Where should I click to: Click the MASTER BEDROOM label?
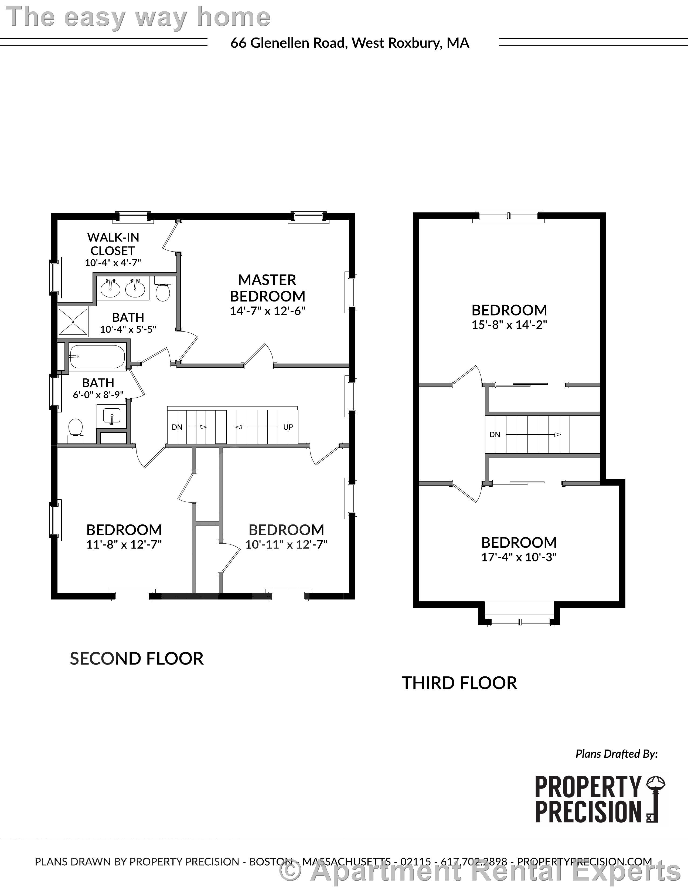tap(268, 288)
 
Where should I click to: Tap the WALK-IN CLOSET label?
tap(113, 244)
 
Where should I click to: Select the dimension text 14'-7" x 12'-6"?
tap(268, 311)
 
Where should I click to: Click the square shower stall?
tap(73, 322)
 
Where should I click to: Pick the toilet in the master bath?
tap(163, 289)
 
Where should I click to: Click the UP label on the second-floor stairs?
tap(288, 427)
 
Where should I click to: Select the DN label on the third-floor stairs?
tap(495, 435)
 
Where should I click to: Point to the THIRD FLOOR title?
tap(459, 683)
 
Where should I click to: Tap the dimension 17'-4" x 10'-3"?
tap(519, 557)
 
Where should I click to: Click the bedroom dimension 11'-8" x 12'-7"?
tap(124, 545)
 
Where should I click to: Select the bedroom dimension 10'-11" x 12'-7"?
tap(286, 545)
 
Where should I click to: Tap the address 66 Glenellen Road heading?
tap(349, 43)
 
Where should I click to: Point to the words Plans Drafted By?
tap(616, 754)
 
